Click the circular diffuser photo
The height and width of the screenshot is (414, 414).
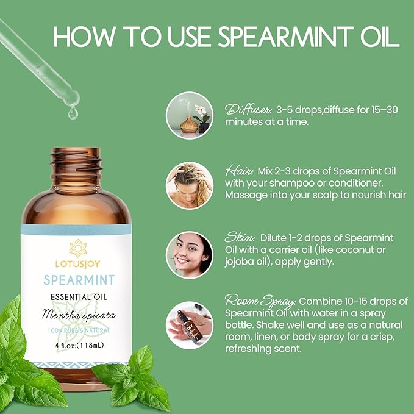click(190, 115)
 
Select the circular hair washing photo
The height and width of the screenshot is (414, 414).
click(190, 185)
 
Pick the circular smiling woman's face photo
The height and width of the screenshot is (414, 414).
click(190, 255)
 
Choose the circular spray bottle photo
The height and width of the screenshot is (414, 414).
click(190, 325)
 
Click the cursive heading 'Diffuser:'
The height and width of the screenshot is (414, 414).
click(247, 109)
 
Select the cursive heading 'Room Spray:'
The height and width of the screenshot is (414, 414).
click(261, 301)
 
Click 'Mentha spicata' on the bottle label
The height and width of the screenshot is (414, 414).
click(79, 315)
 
